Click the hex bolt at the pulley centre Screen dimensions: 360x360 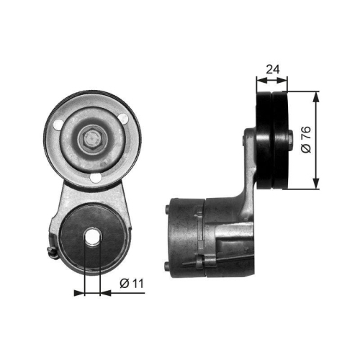92,138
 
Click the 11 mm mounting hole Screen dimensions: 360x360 92,238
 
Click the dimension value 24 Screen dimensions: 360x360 273,69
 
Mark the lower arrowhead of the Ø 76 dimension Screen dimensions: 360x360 315,185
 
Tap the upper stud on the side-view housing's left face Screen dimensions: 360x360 168,211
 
